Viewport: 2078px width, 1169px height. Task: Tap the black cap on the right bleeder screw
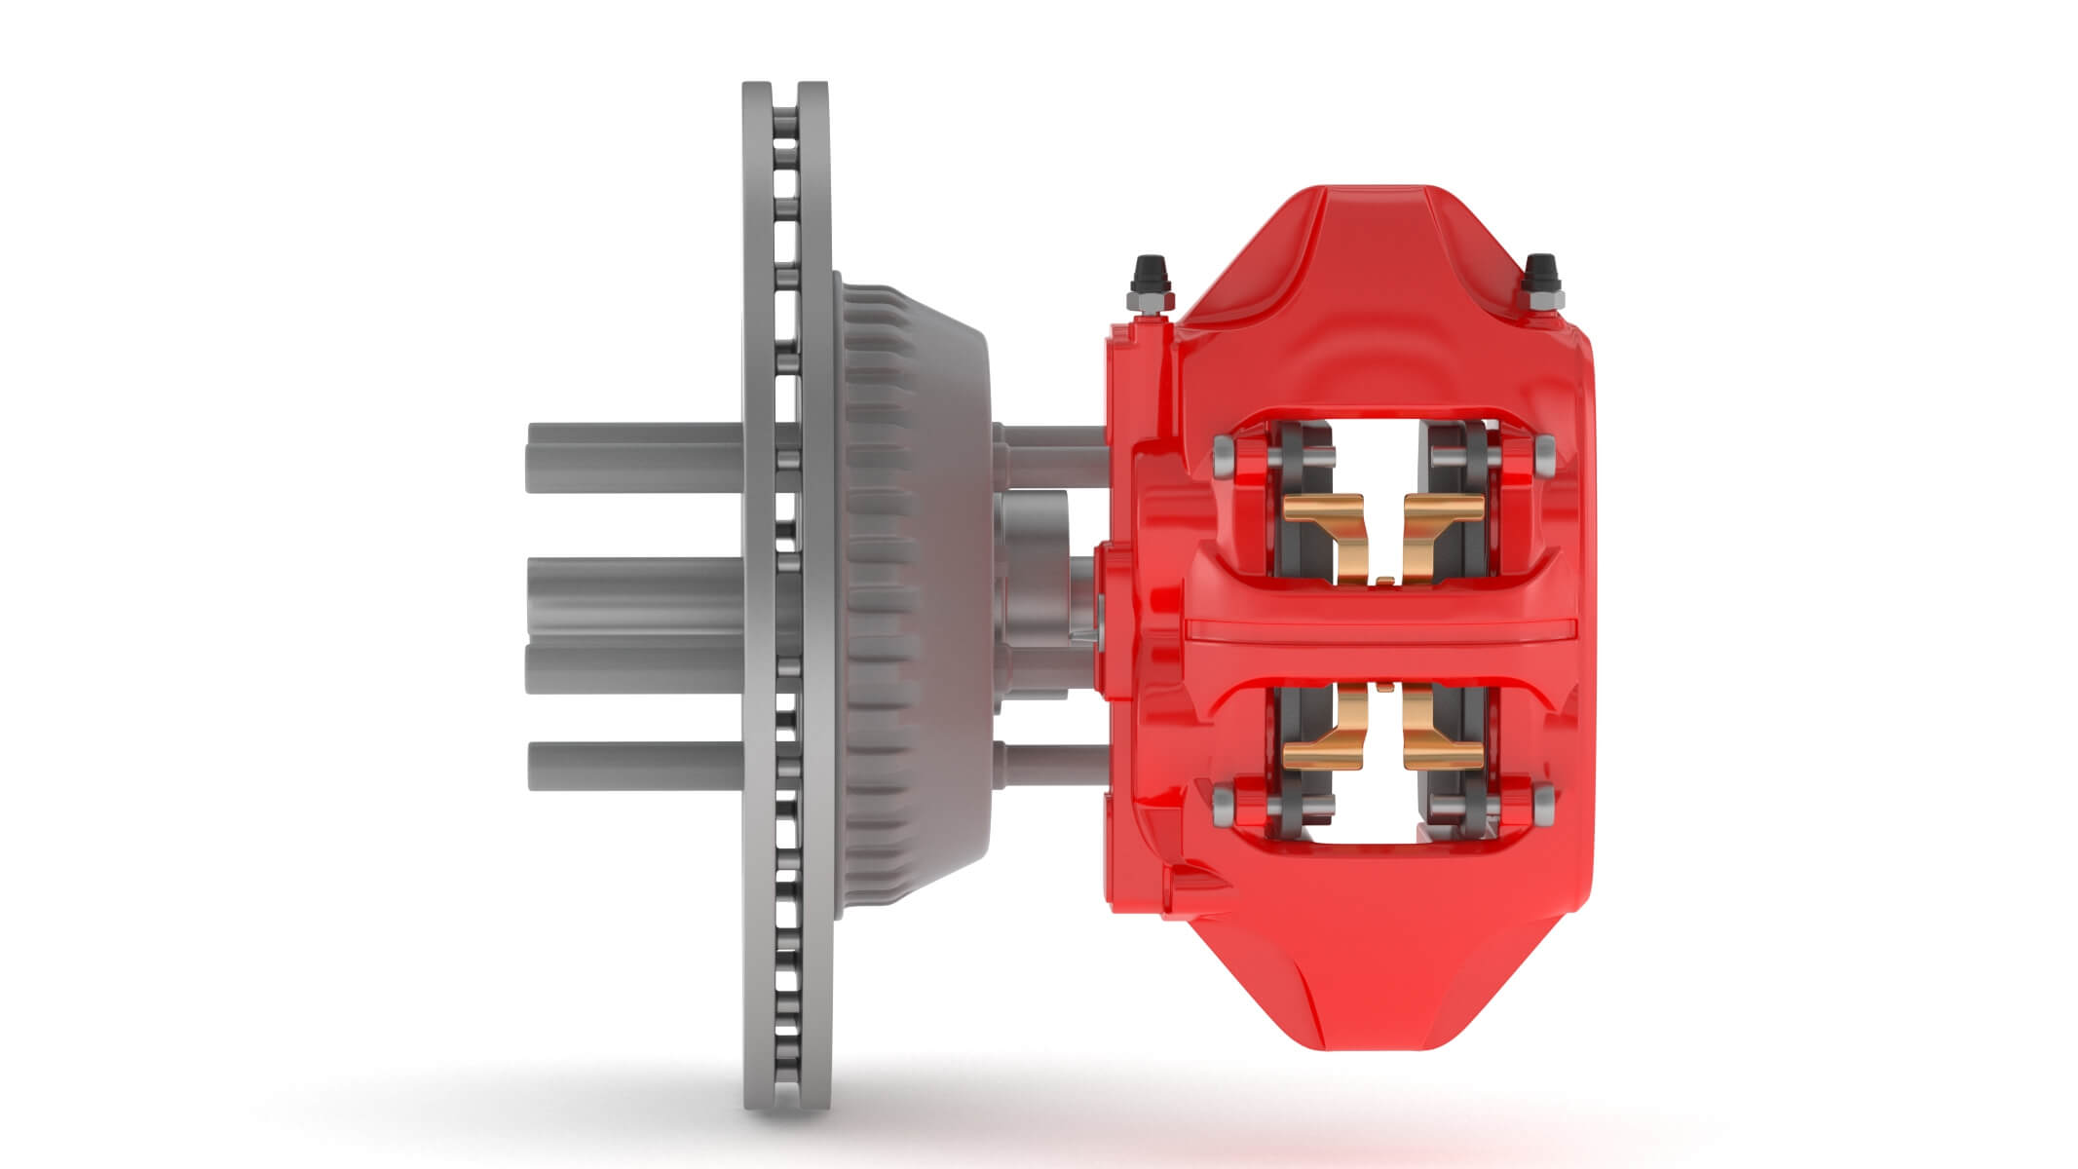[x=1541, y=266]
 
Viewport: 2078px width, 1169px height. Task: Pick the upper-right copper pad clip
[x=1441, y=526]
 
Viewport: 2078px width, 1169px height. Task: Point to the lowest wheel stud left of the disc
[x=633, y=766]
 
